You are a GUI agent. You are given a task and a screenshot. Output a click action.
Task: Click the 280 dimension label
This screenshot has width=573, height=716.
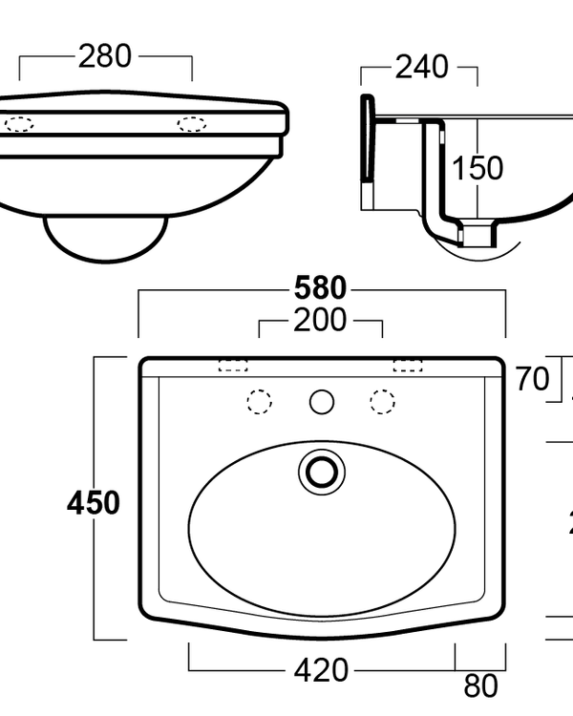[105, 56]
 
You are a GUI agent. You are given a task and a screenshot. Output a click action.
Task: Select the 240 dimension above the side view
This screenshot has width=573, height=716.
[421, 67]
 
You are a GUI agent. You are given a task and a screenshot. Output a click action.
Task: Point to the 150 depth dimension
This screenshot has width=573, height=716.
[477, 168]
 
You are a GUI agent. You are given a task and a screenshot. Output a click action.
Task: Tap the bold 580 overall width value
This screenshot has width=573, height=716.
[321, 287]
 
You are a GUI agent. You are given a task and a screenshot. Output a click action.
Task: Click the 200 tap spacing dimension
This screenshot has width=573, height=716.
[321, 321]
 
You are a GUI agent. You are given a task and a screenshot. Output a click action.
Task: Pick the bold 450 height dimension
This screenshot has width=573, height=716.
[94, 503]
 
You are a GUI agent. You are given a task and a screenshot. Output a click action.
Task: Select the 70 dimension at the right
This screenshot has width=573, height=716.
[533, 379]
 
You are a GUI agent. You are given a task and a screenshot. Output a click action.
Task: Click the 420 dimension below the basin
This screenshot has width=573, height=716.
[321, 671]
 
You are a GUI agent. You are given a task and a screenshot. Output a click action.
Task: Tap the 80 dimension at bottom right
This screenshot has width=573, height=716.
[480, 686]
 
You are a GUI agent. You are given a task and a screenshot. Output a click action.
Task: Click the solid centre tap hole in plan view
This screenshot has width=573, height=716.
[321, 401]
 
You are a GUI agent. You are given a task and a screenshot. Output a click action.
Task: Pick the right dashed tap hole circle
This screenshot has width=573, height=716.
[383, 401]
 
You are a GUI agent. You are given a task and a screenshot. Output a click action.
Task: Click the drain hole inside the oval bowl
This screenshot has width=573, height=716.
[321, 471]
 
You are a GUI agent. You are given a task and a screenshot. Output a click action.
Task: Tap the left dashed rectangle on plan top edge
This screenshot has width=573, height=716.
[233, 365]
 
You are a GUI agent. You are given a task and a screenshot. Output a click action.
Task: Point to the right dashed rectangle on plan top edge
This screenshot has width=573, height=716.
[408, 365]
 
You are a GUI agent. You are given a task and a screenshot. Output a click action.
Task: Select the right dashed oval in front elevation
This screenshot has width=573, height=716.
[191, 123]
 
